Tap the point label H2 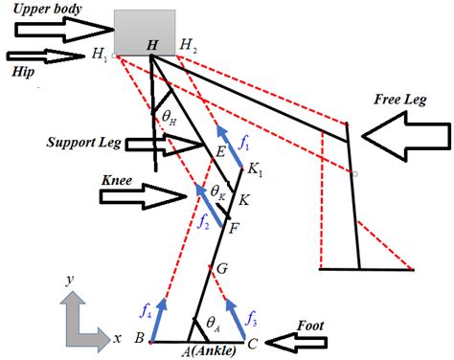click(190, 45)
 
